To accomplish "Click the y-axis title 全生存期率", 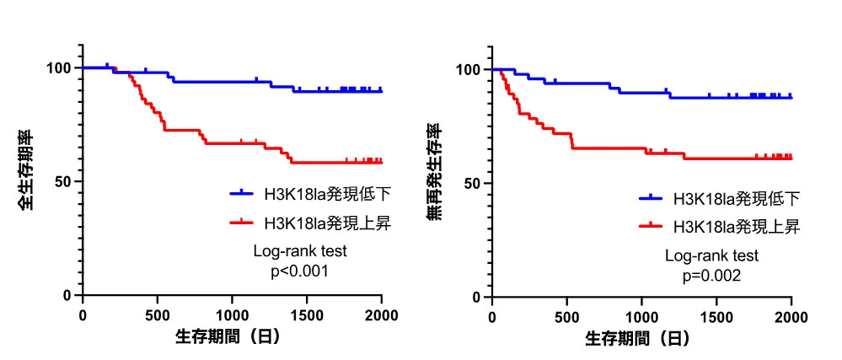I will pyautogui.click(x=27, y=169).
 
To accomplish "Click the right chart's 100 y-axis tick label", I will pyautogui.click(x=469, y=69).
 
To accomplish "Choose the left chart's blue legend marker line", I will pyautogui.click(x=242, y=194).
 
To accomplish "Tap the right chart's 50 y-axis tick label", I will pyautogui.click(x=473, y=183).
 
